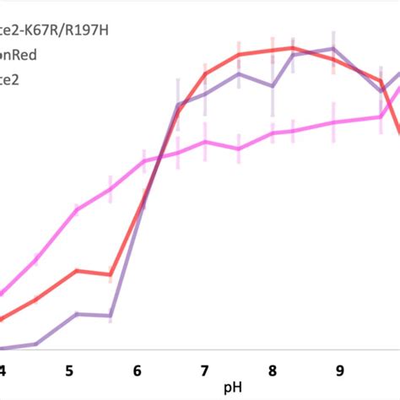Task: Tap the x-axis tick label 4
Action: click(3, 370)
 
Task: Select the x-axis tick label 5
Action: click(69, 370)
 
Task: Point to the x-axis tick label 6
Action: click(138, 370)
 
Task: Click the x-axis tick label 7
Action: click(205, 370)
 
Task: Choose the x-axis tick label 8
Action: click(273, 370)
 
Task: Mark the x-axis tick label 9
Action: click(339, 370)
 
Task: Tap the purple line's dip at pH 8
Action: click(273, 85)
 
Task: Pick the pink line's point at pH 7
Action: click(205, 142)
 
